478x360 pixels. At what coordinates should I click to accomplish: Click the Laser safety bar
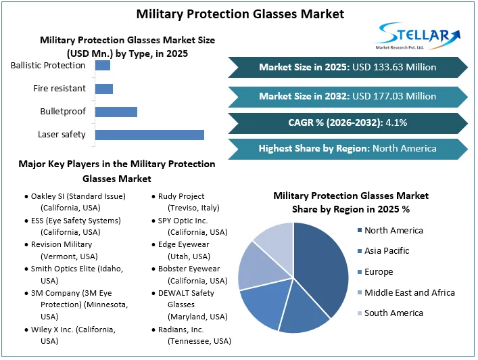tap(149, 135)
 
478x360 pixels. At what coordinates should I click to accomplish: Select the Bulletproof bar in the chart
tap(116, 112)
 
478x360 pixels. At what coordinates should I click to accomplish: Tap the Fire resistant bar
tap(104, 89)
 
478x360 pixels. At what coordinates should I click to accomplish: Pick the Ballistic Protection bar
tap(103, 66)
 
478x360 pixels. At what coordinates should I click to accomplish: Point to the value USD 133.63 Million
tap(393, 67)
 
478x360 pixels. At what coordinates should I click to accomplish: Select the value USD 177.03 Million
tap(393, 97)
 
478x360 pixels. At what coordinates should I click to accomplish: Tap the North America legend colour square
tap(358, 231)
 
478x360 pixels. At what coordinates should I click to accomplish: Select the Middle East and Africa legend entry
tap(409, 292)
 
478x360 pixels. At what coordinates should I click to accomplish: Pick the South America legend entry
tap(393, 313)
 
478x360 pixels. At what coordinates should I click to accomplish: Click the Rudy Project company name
tap(181, 196)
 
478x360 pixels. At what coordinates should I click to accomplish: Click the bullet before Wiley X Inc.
tap(26, 330)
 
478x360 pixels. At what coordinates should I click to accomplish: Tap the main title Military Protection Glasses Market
tap(240, 14)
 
